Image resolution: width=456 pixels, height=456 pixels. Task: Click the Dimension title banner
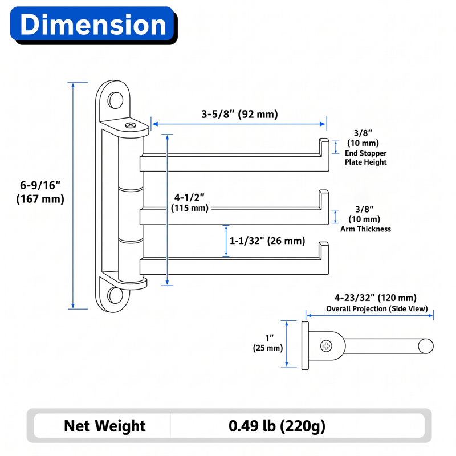click(92, 25)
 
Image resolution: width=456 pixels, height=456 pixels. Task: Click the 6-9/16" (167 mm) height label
click(40, 192)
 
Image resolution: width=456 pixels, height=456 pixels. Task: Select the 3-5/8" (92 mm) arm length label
click(239, 114)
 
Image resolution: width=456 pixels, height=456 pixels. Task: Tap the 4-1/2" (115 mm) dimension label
click(190, 202)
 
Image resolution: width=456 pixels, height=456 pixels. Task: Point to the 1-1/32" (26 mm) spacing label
click(267, 241)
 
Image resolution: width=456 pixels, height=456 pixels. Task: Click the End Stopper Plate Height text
click(365, 158)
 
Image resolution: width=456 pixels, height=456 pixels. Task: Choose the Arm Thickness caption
click(365, 229)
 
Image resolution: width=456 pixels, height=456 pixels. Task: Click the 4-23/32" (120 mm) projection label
click(376, 298)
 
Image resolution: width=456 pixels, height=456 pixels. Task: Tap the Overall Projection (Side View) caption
click(377, 308)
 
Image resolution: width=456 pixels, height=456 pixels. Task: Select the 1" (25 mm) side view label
click(268, 343)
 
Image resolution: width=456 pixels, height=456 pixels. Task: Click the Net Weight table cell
click(105, 426)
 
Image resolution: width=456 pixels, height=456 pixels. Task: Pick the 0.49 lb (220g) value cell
click(277, 426)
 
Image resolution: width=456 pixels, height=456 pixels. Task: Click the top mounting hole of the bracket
click(116, 100)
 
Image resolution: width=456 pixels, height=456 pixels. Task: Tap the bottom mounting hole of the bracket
click(115, 295)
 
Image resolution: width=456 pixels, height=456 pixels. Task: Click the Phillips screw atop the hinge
click(131, 125)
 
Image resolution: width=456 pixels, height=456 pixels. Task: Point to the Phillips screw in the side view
click(326, 346)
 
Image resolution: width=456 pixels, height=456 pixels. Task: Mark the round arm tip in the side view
click(426, 347)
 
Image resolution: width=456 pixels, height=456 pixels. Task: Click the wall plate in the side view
click(305, 345)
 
